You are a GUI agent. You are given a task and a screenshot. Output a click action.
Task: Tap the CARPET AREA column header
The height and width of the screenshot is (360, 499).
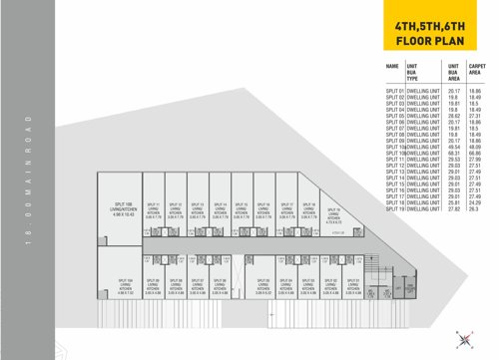point(476,70)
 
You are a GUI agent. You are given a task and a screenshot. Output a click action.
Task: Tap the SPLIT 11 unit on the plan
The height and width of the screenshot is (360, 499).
point(153,207)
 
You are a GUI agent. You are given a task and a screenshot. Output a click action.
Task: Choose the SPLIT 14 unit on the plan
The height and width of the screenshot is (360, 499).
point(221,207)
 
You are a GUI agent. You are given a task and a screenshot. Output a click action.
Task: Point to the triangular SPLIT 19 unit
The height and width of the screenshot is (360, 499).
point(332,211)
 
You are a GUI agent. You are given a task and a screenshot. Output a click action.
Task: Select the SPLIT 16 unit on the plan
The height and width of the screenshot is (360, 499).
point(264,207)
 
